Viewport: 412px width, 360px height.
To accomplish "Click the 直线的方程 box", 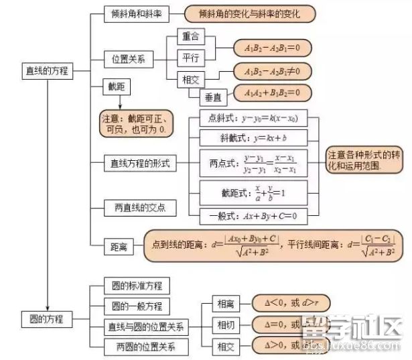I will [x=47, y=70].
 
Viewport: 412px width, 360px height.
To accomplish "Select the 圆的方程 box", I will [x=47, y=318].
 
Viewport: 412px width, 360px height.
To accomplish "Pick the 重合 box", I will [x=191, y=35].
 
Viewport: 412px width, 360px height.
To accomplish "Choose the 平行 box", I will [x=191, y=57].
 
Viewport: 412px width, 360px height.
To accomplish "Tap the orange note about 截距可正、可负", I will [x=134, y=123].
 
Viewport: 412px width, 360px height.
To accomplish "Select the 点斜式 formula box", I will [x=253, y=119].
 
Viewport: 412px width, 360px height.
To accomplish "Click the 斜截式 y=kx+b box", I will [x=253, y=137].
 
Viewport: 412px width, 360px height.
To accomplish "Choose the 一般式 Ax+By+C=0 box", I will [x=253, y=216].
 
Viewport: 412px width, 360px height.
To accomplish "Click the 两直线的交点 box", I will [x=140, y=208].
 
